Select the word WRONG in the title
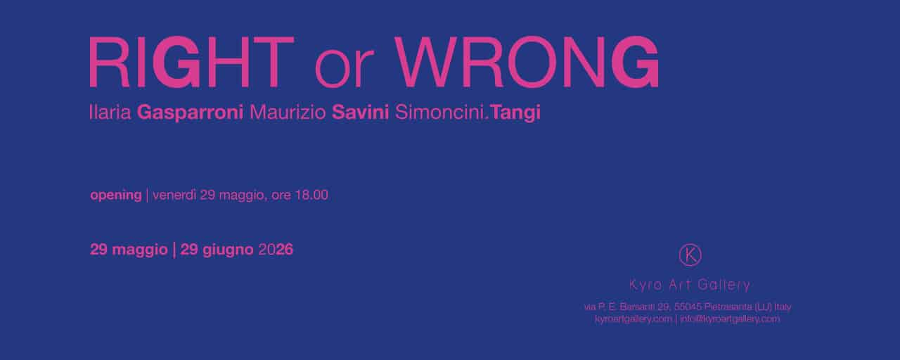pos(526,62)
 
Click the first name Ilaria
pos(110,112)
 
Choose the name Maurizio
pos(288,112)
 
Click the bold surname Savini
pos(361,112)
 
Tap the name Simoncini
pos(441,112)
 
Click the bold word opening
pos(116,195)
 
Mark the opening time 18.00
pos(311,195)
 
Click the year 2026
pos(276,250)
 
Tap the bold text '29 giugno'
pos(217,250)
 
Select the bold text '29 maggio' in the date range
pos(129,250)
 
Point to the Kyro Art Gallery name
pos(690,285)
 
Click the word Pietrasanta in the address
pos(728,307)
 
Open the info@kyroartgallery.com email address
pos(730,319)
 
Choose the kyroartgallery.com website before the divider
pos(634,319)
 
